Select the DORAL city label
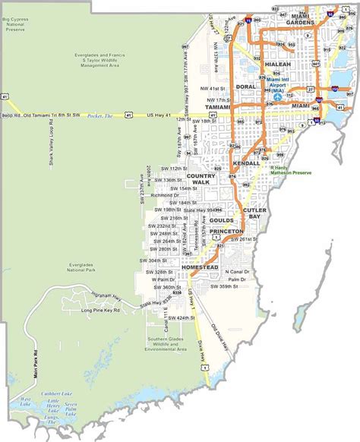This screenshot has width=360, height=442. click(x=246, y=87)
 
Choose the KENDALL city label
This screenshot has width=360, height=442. click(x=247, y=163)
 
